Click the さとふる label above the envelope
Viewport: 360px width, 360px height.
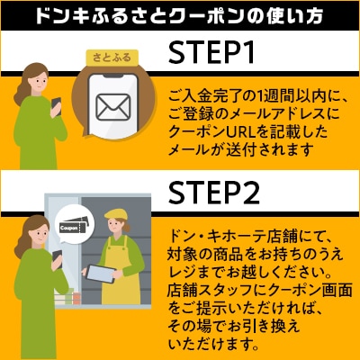[112, 58]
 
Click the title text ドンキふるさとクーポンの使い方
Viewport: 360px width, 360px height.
[180, 16]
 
